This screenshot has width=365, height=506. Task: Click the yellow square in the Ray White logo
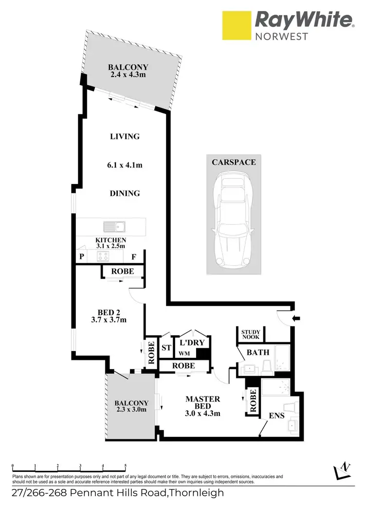click(x=236, y=26)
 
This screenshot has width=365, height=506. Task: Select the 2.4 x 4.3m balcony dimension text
click(x=128, y=75)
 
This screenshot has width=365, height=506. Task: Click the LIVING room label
click(x=125, y=136)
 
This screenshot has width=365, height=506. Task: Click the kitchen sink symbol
click(x=115, y=226)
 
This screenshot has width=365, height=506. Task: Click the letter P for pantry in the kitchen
click(x=81, y=257)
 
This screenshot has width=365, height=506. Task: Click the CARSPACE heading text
click(x=233, y=162)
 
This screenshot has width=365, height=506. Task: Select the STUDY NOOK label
click(x=251, y=334)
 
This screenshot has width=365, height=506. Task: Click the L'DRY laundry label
click(x=192, y=343)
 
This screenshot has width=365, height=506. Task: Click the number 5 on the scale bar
click(x=126, y=466)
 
